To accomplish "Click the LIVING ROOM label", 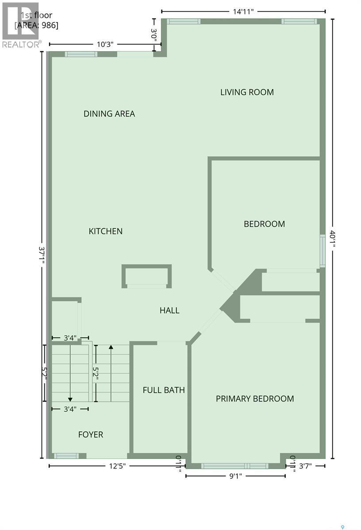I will coord(247,92).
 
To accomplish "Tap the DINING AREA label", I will coord(109,114).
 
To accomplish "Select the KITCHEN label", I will coord(106,231).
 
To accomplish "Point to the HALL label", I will coord(169,310).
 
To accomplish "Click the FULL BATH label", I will coord(164,390).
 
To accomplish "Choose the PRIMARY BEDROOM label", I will coord(255,399).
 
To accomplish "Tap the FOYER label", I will coord(91,435).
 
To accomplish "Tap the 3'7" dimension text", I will coord(307,466).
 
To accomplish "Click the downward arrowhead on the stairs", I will coord(70,399).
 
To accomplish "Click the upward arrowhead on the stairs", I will coord(111,347).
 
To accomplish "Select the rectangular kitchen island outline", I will coord(146,276).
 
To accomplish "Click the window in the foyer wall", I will coord(66,455).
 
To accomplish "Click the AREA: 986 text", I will coord(37,25).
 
